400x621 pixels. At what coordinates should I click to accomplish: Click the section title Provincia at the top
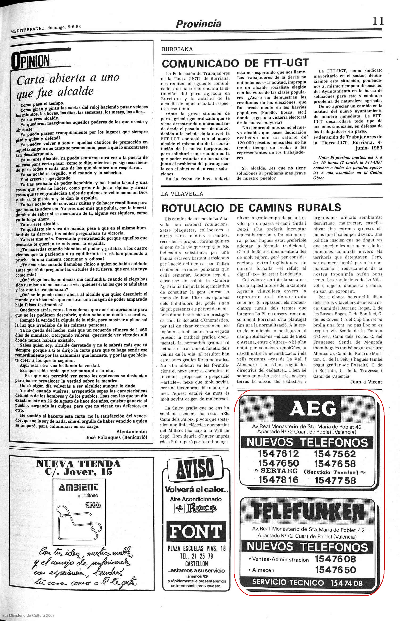pos(198,24)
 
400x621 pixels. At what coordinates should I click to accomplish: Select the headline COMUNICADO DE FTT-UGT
pos(235,63)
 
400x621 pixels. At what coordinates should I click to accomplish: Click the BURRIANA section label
pos(177,49)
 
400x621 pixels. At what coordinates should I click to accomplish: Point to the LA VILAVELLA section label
pos(182,194)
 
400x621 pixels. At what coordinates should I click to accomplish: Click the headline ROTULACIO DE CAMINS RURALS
pos(251,208)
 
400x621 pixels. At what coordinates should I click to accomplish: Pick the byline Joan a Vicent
pos(366,382)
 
